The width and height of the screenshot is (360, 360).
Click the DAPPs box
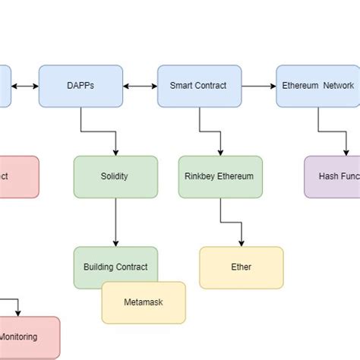point(81,86)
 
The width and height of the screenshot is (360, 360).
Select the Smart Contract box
point(198,86)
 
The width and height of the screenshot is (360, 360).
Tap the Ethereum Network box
point(317,86)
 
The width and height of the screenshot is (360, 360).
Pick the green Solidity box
point(115,176)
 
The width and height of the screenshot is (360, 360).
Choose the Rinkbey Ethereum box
point(220,176)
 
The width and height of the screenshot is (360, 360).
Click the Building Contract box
point(115,267)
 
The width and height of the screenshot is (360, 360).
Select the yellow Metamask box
point(144,302)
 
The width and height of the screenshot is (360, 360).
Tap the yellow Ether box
point(241,267)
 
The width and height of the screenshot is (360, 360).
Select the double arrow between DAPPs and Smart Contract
point(140,86)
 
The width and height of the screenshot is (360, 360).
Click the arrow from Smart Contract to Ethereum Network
point(257,86)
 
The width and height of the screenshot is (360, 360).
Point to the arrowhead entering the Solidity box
point(115,152)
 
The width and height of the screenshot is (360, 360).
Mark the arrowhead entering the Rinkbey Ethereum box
point(220,152)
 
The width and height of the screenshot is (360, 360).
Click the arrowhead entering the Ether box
point(241,243)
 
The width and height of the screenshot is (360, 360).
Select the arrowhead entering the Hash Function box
point(346,152)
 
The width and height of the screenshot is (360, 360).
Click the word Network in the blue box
point(339,86)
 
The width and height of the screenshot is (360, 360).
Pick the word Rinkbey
point(201,176)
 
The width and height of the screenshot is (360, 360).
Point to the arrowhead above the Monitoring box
point(18,313)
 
